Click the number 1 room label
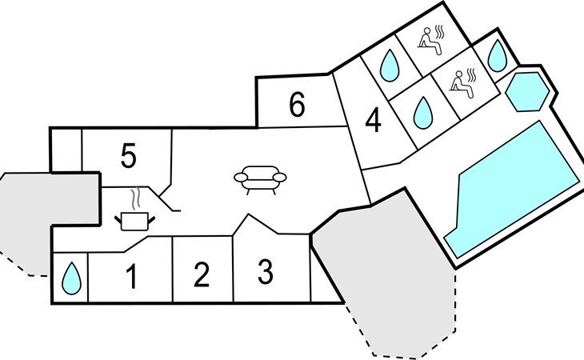131,277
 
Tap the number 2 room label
202,275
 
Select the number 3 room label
265,273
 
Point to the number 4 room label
373,120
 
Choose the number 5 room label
129,156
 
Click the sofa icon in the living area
260,179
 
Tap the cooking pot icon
134,221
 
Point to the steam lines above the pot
136,198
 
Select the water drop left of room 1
71,278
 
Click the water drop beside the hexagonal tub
498,56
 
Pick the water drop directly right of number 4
423,113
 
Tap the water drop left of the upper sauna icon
390,66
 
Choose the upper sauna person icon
431,40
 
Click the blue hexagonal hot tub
527,92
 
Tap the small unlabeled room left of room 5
66,150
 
